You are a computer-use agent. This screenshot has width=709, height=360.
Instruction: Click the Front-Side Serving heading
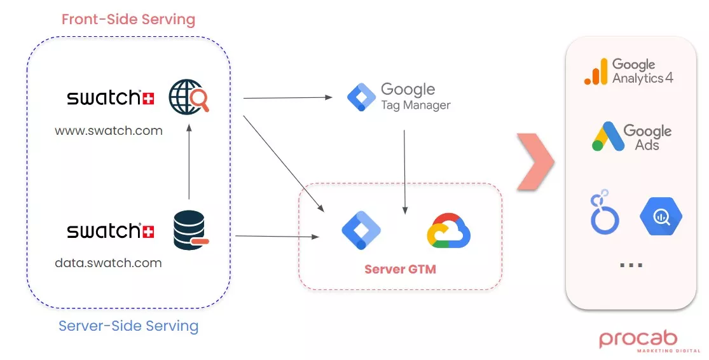click(x=128, y=19)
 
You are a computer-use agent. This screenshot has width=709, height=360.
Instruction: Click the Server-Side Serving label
click(x=128, y=326)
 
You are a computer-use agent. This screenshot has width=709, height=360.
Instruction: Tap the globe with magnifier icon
click(x=189, y=98)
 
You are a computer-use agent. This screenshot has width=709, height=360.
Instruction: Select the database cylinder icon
click(x=190, y=231)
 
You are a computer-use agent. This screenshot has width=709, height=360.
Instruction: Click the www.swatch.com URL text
click(x=109, y=131)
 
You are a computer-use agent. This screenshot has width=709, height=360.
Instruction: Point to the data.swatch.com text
click(x=108, y=263)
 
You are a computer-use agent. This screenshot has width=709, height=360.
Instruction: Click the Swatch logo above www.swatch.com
click(x=111, y=98)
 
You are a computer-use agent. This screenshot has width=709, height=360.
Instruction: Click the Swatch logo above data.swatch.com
click(x=111, y=230)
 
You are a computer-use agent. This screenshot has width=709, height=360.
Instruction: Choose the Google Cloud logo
click(x=448, y=230)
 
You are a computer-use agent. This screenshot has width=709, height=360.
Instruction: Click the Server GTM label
click(x=400, y=269)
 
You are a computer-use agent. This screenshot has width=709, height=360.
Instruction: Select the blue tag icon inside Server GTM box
click(x=361, y=230)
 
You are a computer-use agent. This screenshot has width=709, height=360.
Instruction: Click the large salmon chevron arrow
click(x=535, y=162)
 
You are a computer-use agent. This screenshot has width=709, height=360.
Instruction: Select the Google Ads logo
click(x=631, y=137)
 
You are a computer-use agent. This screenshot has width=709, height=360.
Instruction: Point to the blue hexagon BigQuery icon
click(x=661, y=216)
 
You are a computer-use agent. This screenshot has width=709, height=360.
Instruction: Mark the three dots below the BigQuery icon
click(x=631, y=265)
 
